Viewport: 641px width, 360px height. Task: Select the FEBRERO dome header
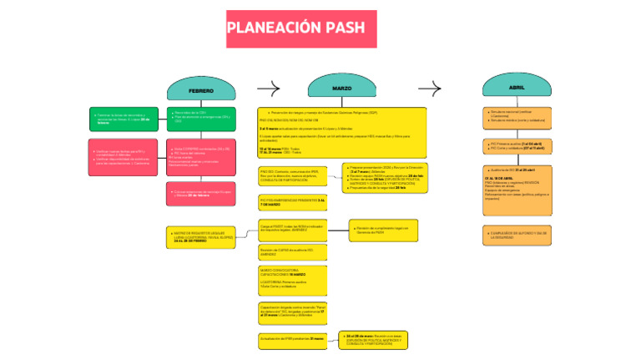point(200,89)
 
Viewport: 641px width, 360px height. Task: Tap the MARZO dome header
point(341,88)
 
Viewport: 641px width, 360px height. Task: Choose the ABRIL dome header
point(516,88)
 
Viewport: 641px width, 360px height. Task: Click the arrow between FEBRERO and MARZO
point(269,89)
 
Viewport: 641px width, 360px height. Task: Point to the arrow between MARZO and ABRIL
point(429,89)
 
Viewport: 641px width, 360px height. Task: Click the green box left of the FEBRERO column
point(124,119)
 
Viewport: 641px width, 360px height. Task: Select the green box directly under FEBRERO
point(201,119)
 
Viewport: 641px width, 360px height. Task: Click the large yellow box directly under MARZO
point(341,132)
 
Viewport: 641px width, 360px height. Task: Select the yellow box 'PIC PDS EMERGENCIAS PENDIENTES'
point(292,203)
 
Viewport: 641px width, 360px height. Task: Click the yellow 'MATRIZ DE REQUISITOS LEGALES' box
point(201,236)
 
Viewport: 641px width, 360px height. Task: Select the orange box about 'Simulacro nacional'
point(517,116)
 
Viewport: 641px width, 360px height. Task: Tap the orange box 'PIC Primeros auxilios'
point(517,147)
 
